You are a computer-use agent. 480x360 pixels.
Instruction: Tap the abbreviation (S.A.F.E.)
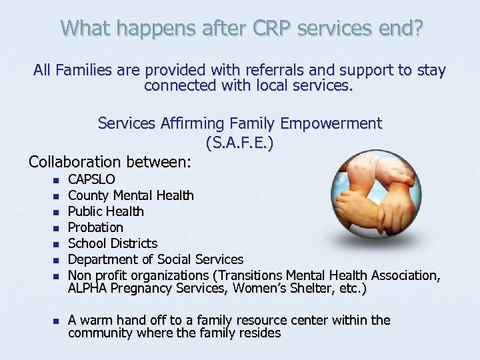pos(240,142)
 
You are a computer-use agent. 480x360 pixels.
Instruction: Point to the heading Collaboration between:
pos(110,161)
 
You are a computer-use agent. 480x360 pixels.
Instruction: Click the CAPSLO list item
pos(91,179)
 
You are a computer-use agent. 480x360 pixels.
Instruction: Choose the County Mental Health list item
pos(131,195)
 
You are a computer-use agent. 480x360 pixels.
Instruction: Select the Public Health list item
pos(106,211)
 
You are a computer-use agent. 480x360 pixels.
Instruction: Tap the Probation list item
pos(95,227)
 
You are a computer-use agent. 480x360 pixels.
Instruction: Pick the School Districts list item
pos(113,243)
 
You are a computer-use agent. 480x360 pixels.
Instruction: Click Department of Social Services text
pos(155,259)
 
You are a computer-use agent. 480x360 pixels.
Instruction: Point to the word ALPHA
pos(87,289)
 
